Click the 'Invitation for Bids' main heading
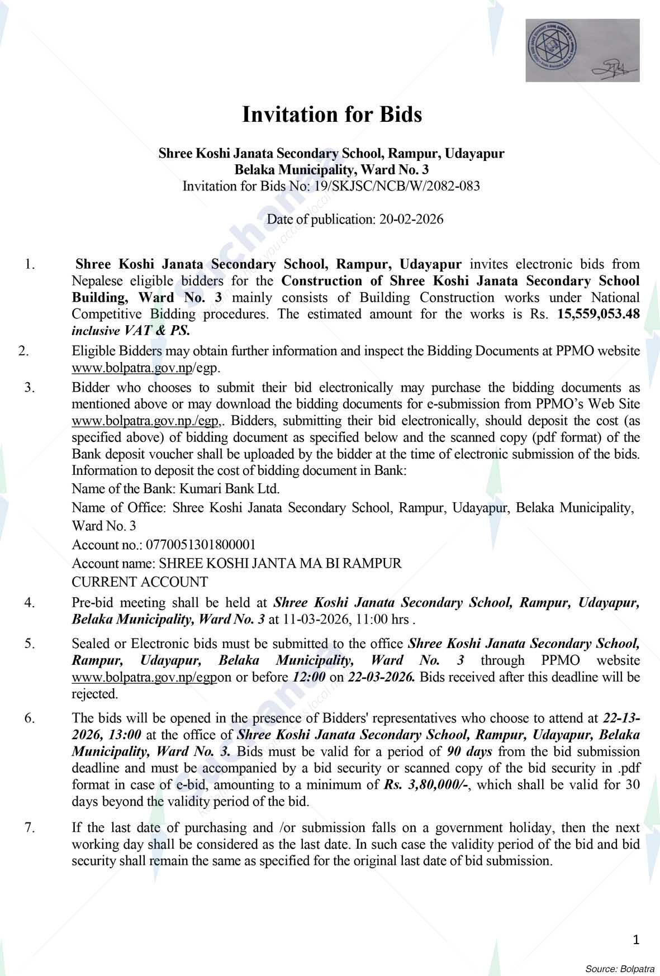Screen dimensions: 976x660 331,115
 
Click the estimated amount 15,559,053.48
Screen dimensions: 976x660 599,314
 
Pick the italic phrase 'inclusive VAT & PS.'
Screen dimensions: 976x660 131,330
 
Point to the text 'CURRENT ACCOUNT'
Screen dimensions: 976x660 140,582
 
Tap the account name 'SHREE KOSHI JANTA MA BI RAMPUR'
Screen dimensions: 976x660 281,563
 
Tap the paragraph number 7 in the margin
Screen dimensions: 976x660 30,827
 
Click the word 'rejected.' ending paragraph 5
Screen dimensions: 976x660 95,694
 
